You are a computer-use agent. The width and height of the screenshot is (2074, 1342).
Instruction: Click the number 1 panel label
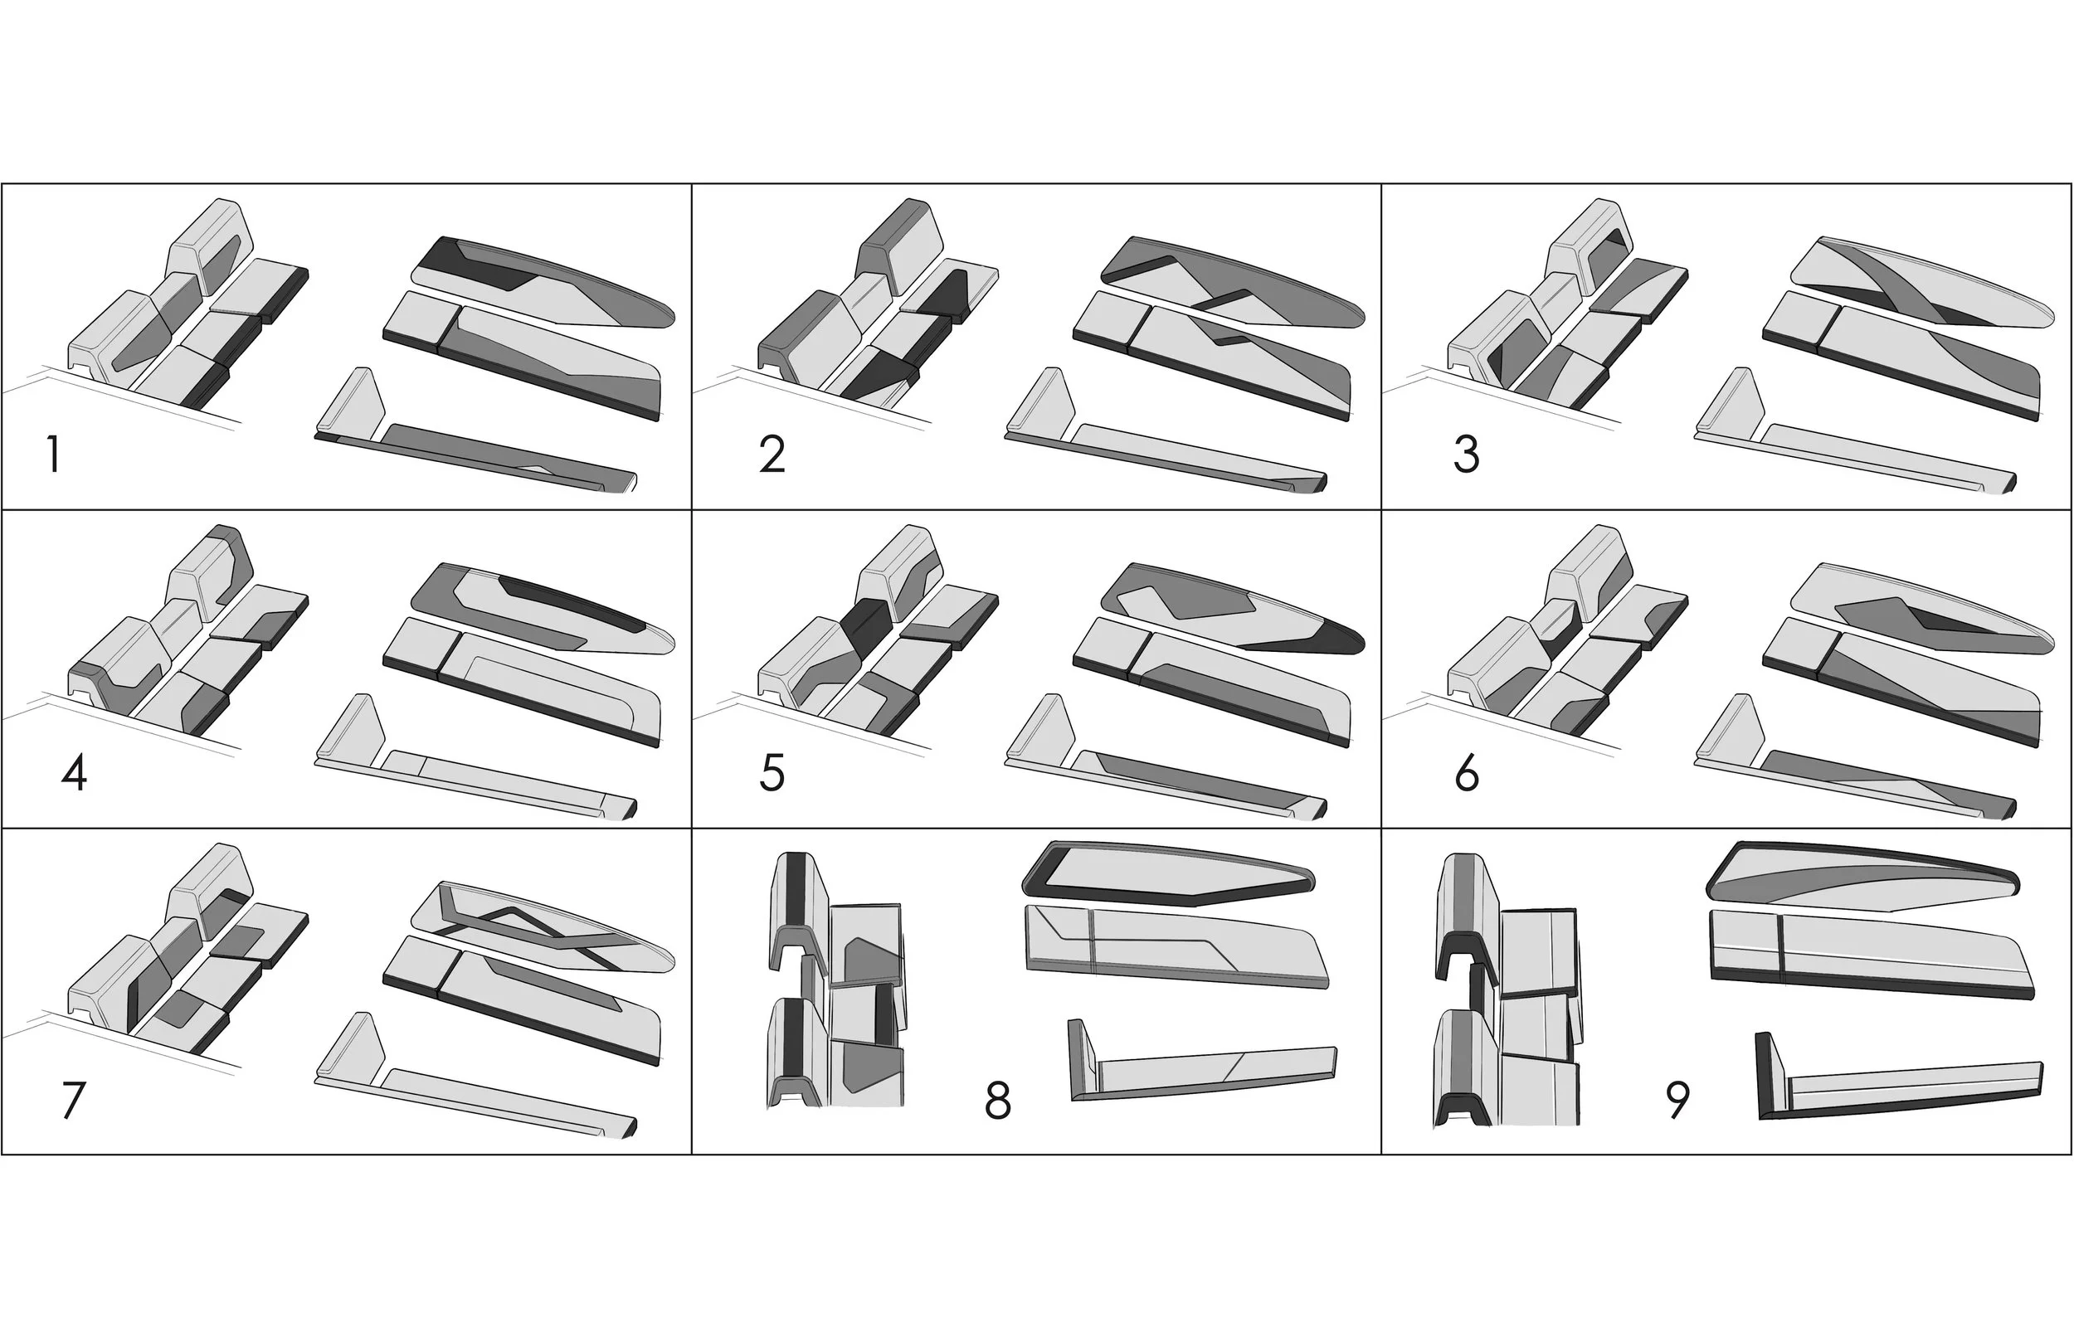pyautogui.click(x=54, y=454)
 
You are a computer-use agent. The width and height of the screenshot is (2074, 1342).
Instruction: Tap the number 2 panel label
pyautogui.click(x=772, y=454)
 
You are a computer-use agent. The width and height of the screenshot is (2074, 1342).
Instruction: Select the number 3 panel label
pyautogui.click(x=1467, y=454)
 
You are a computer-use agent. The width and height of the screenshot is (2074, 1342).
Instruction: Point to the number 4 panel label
pyautogui.click(x=74, y=772)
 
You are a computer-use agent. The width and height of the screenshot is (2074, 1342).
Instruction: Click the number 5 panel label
pyautogui.click(x=772, y=772)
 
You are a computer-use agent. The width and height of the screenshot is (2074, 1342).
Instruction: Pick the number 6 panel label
pyautogui.click(x=1467, y=772)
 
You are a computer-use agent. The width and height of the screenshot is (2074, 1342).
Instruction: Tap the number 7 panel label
pyautogui.click(x=74, y=1100)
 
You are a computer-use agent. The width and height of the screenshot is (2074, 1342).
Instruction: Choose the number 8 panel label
pyautogui.click(x=997, y=1100)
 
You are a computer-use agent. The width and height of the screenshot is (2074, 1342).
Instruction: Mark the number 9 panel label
pyautogui.click(x=1677, y=1100)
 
